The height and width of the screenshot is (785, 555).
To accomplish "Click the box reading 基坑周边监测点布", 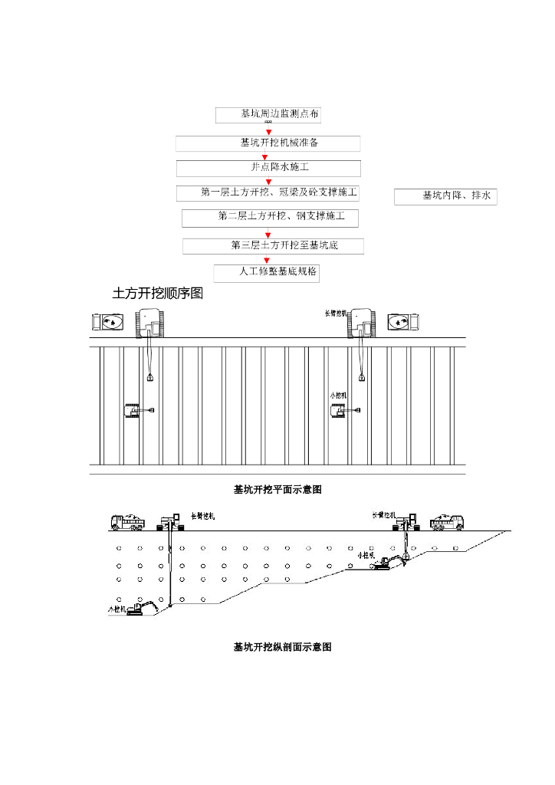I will tap(268, 115).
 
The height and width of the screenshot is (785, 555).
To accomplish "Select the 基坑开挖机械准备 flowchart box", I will tap(268, 143).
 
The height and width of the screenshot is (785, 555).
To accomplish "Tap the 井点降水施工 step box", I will tap(268, 168).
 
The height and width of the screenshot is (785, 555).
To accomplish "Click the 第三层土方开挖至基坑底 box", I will tap(273, 246).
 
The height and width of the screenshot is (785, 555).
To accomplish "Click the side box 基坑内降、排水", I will tap(446, 197).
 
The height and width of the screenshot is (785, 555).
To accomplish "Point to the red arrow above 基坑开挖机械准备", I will tap(268, 131).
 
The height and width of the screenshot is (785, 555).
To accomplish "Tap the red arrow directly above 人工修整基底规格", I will tap(268, 260).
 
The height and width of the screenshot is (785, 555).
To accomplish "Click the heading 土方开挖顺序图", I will tap(158, 294).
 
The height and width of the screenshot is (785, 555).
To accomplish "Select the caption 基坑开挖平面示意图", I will tap(277, 489).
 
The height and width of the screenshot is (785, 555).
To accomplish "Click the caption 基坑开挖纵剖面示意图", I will tap(282, 647).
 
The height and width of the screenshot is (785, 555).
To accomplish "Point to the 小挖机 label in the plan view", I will tap(338, 395).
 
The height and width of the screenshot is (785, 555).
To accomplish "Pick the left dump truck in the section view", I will tap(128, 522).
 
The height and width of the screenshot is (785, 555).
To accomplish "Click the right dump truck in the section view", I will tap(448, 522).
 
